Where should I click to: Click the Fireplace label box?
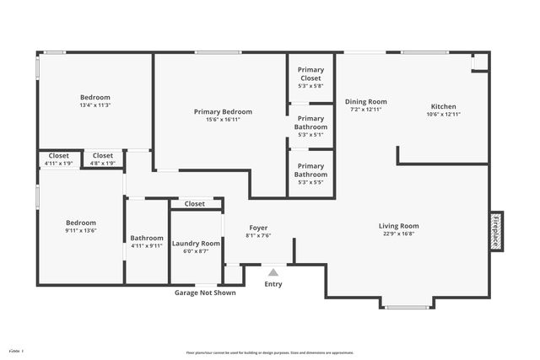[496, 231]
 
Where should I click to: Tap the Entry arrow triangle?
[273, 272]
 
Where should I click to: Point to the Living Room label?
[398, 226]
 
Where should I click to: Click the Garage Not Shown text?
[205, 293]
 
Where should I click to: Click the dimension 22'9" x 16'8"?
[398, 235]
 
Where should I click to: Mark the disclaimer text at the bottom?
[270, 352]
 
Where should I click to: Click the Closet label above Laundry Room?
[195, 204]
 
